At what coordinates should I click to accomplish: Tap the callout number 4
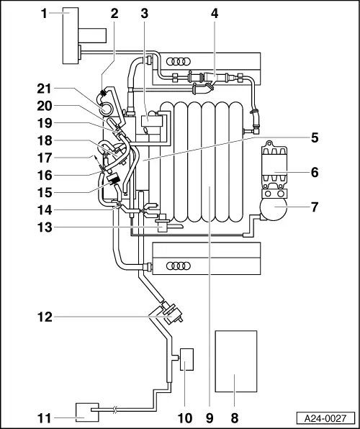[213, 12]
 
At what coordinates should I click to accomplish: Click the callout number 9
[209, 416]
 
